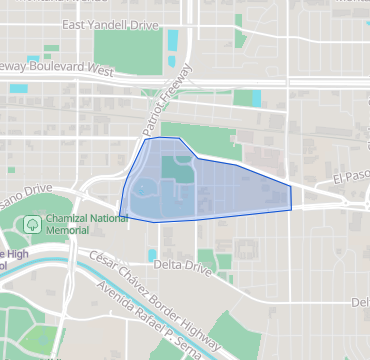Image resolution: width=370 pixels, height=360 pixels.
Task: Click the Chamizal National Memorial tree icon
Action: coord(32,223)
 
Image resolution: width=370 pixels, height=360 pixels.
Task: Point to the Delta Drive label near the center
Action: coord(184,266)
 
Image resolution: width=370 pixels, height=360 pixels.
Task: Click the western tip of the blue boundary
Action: coord(120,214)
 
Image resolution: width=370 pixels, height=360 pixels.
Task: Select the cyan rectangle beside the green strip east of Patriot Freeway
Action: coord(254,98)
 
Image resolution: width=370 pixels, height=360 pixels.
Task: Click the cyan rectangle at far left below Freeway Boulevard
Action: coord(19,88)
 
